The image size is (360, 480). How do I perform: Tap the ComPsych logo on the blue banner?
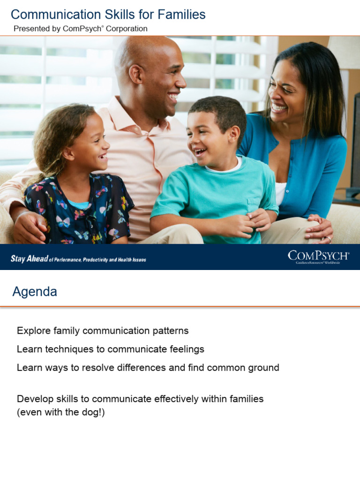click(x=318, y=256)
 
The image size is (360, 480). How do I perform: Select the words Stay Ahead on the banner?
click(x=29, y=259)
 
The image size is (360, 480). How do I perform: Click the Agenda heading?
click(x=35, y=292)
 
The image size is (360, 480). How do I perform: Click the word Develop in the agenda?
click(x=34, y=399)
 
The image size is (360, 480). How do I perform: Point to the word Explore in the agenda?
click(x=32, y=330)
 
